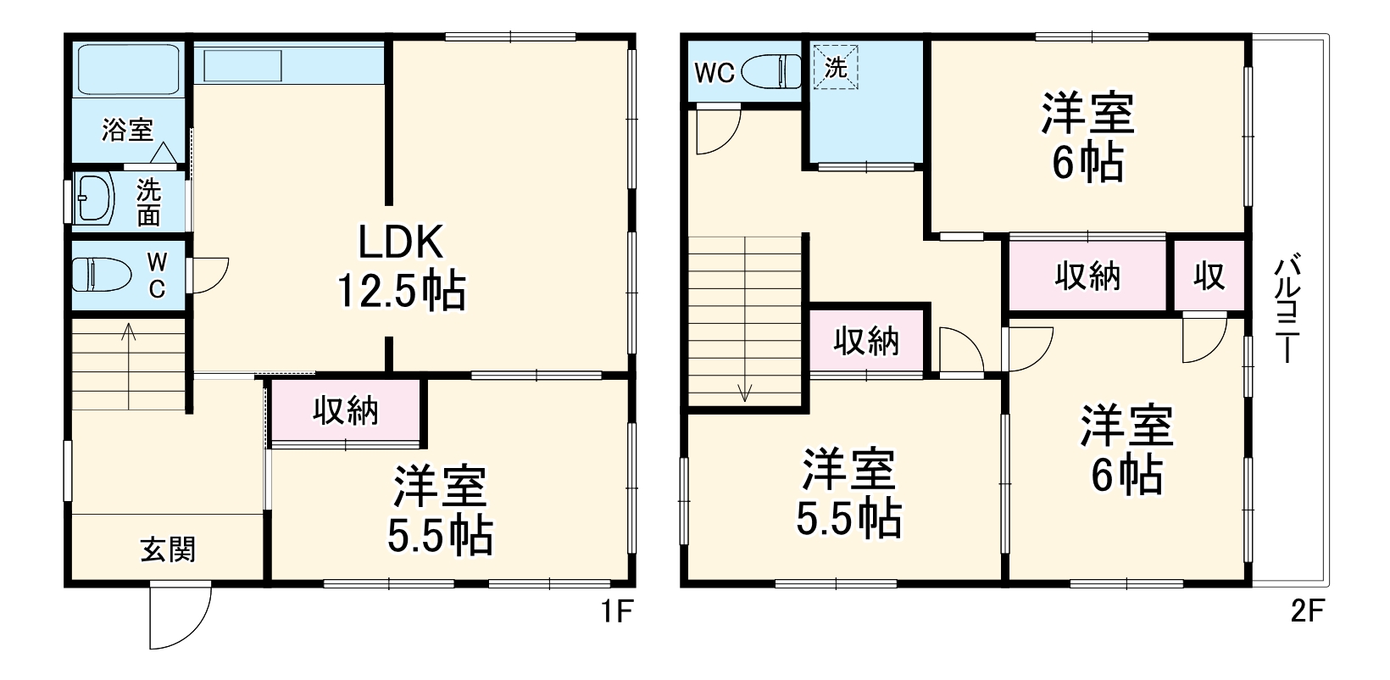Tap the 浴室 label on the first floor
tap(127, 130)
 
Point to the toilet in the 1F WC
tap(102, 274)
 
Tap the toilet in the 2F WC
tap(771, 72)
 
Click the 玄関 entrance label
tap(168, 549)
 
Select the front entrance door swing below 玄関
tap(180, 616)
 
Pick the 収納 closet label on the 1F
tap(346, 411)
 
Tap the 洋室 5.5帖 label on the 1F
tap(440, 510)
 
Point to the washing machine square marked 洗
tap(836, 67)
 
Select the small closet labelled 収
tap(1209, 276)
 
